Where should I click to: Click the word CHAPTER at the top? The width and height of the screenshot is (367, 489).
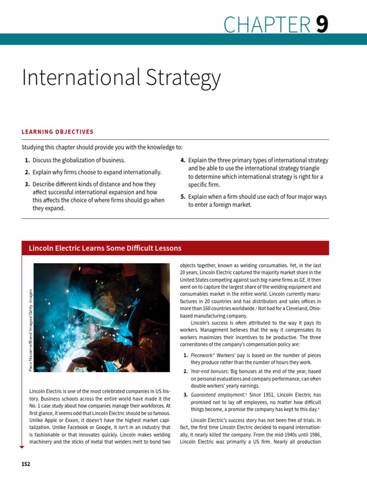(267, 25)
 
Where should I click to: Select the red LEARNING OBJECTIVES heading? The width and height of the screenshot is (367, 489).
(57, 132)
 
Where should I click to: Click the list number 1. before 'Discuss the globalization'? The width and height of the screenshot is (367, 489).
(28, 160)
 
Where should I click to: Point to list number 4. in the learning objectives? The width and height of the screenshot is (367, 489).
(183, 160)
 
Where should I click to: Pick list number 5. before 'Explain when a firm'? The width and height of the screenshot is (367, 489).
(183, 197)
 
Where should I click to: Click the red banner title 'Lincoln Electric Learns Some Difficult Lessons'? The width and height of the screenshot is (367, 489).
(105, 248)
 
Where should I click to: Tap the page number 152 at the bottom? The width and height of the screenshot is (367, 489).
(25, 464)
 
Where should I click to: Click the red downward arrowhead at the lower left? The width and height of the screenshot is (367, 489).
(22, 447)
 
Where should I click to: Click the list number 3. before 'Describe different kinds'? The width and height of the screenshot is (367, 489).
(28, 184)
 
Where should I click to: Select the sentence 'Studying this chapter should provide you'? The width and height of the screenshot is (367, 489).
(102, 148)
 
